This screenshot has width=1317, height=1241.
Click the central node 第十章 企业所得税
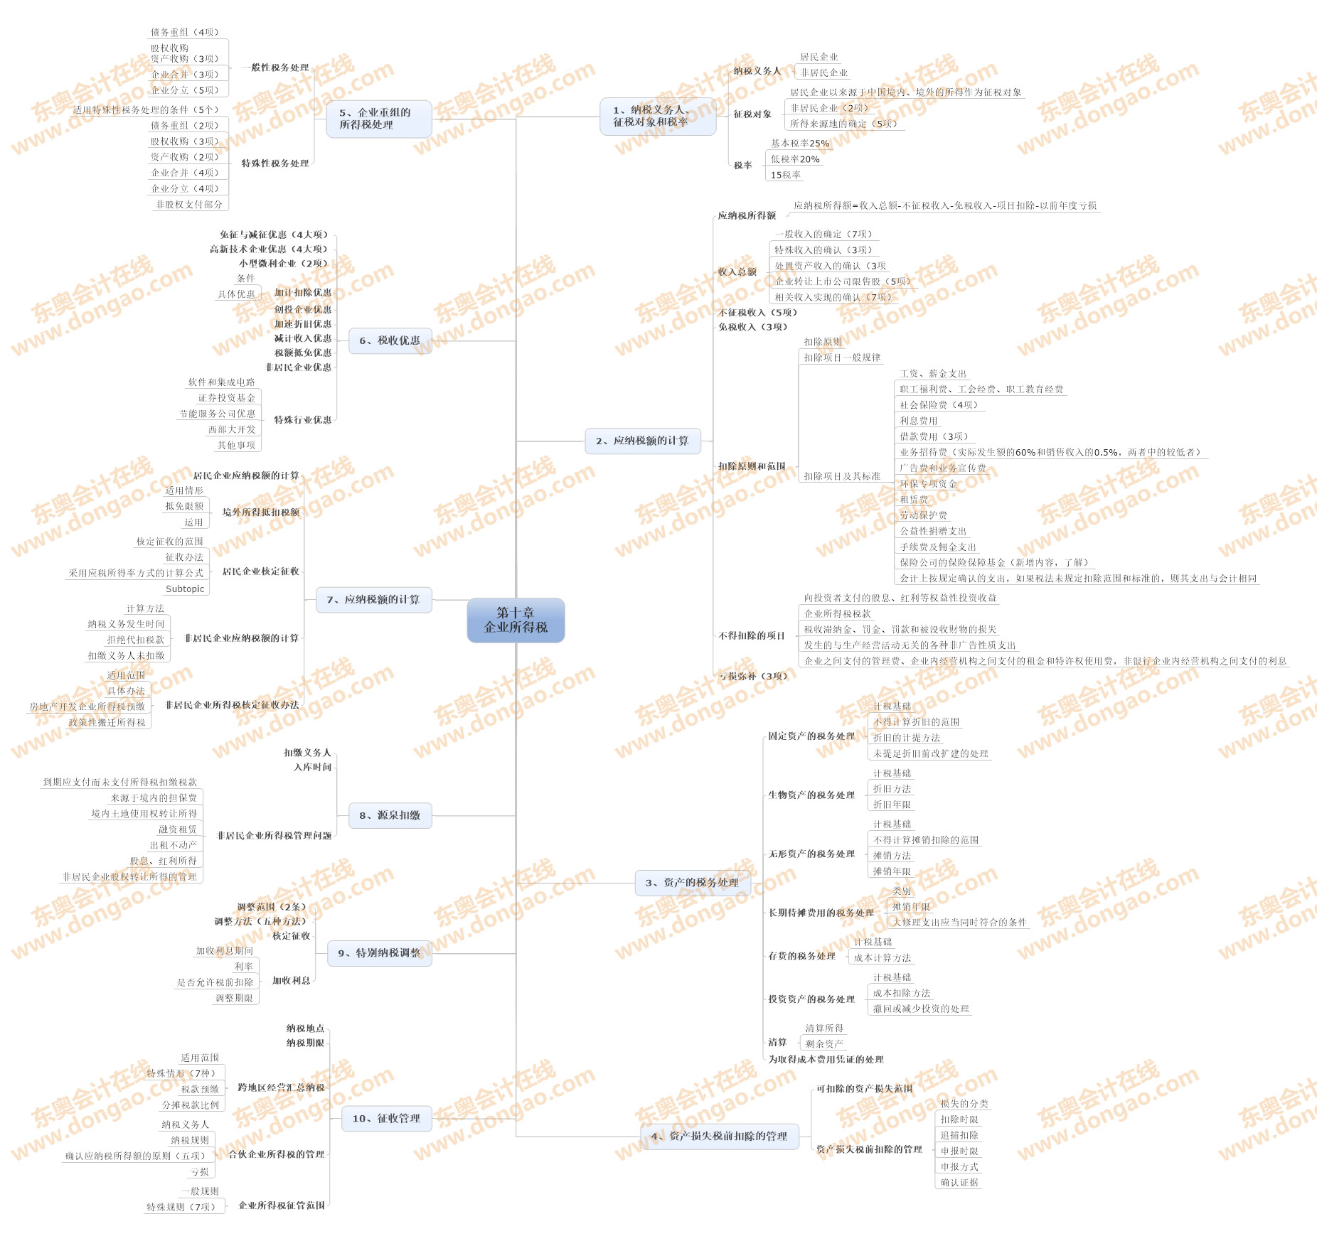click(516, 620)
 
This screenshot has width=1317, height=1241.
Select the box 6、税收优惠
click(390, 340)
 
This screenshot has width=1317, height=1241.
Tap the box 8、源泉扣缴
click(390, 815)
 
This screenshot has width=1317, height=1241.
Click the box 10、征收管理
click(386, 1118)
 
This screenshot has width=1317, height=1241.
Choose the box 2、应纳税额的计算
click(642, 441)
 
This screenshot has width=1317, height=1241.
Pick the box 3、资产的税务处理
click(692, 883)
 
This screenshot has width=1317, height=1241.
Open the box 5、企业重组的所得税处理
click(378, 119)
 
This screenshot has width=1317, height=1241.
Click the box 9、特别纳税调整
click(379, 953)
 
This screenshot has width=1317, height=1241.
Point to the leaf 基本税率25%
click(800, 144)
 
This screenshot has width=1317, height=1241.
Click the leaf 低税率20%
click(795, 159)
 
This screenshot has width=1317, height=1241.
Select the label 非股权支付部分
click(189, 205)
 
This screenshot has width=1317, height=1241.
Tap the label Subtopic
click(185, 589)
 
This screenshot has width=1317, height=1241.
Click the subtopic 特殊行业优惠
click(303, 420)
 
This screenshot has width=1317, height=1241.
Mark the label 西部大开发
click(232, 429)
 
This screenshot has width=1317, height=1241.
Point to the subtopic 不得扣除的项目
click(752, 636)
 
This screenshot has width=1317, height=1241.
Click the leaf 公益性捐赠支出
click(933, 531)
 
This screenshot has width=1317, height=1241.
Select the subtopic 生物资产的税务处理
click(811, 795)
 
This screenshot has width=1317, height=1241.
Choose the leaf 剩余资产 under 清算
click(824, 1044)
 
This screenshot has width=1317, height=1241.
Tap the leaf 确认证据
click(959, 1183)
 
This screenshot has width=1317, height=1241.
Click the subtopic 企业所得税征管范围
click(282, 1205)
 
